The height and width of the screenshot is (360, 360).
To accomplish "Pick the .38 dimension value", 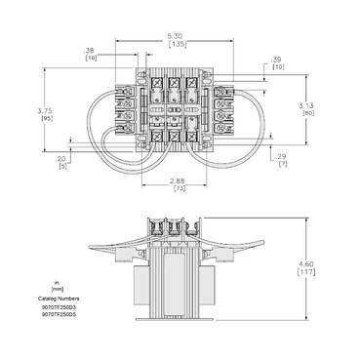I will [x=90, y=51].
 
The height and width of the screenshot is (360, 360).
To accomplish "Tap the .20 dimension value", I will [x=62, y=158].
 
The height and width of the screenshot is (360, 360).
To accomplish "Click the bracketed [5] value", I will [x=62, y=167].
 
